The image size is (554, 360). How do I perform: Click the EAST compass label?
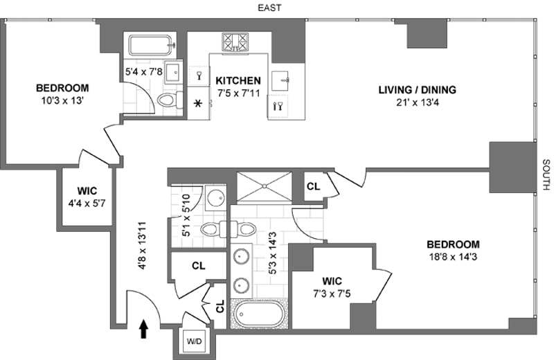click(269, 8)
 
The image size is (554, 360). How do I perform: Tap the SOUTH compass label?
click(546, 174)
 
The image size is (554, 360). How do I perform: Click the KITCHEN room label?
click(238, 80)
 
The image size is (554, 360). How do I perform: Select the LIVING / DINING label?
click(418, 90)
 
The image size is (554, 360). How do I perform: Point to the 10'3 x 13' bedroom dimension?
click(62, 101)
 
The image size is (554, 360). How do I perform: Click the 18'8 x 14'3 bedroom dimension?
click(453, 257)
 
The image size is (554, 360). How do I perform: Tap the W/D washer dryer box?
click(195, 341)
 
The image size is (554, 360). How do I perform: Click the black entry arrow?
click(143, 330)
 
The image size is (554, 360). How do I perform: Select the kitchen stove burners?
click(235, 42)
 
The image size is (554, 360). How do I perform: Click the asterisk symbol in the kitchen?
click(198, 104)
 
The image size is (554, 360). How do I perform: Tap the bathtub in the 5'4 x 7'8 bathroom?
click(152, 45)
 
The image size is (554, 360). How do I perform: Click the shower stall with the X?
click(265, 186)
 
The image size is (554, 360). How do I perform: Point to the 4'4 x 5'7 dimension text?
click(87, 204)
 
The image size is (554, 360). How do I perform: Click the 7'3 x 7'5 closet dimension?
click(332, 294)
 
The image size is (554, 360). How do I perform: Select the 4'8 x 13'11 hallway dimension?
click(142, 246)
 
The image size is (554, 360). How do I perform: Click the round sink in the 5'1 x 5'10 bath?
click(215, 199)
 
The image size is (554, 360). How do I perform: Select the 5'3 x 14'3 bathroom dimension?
click(272, 253)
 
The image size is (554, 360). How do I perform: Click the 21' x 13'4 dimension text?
click(418, 102)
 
